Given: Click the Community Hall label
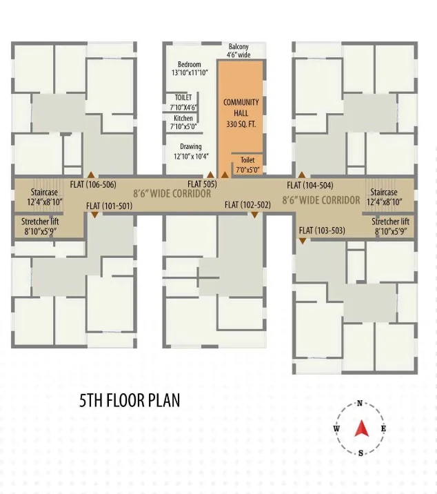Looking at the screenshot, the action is click(241, 113).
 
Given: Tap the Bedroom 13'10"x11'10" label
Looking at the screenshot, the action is click(190, 68).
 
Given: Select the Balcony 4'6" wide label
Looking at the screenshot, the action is click(238, 50).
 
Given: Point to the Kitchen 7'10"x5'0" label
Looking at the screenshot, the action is click(183, 122).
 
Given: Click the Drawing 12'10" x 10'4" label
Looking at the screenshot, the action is click(191, 151).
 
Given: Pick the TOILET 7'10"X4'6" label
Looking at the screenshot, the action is click(183, 102).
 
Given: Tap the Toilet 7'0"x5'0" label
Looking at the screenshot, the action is click(247, 165).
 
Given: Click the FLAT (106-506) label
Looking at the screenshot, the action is click(93, 184).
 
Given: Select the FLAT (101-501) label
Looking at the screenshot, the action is click(109, 206).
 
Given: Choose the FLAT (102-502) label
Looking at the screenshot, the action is click(247, 205).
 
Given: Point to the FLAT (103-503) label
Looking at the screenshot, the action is click(322, 230).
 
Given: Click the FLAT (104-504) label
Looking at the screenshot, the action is click(310, 185).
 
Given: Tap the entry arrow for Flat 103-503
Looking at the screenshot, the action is click(303, 241).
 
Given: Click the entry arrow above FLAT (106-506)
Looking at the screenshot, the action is click(91, 175).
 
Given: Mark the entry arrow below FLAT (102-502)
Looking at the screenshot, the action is click(254, 215).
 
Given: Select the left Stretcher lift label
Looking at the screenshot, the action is click(40, 226).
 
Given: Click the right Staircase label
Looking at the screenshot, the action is click(384, 197).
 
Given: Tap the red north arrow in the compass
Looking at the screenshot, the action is click(361, 428).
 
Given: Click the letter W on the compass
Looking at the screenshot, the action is click(336, 428).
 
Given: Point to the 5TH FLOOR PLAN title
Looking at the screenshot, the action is click(130, 400).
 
